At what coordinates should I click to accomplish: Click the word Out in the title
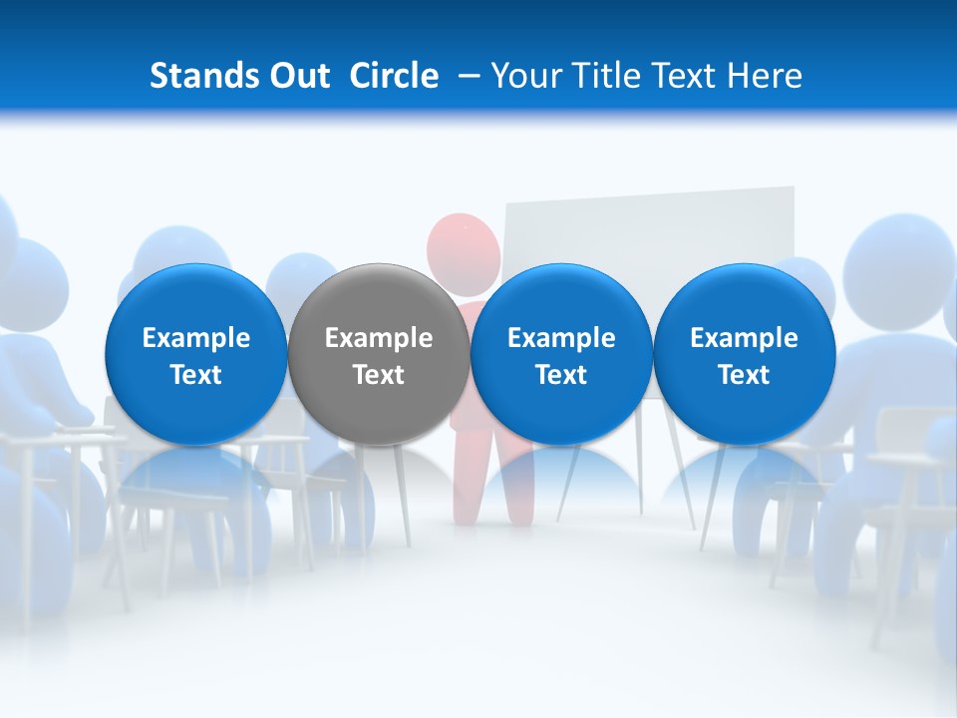[296, 76]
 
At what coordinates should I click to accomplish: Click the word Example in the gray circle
[379, 338]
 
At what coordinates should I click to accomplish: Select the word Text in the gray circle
[379, 375]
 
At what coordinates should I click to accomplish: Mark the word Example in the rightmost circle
[744, 338]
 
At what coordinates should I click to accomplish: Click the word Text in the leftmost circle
[196, 375]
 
